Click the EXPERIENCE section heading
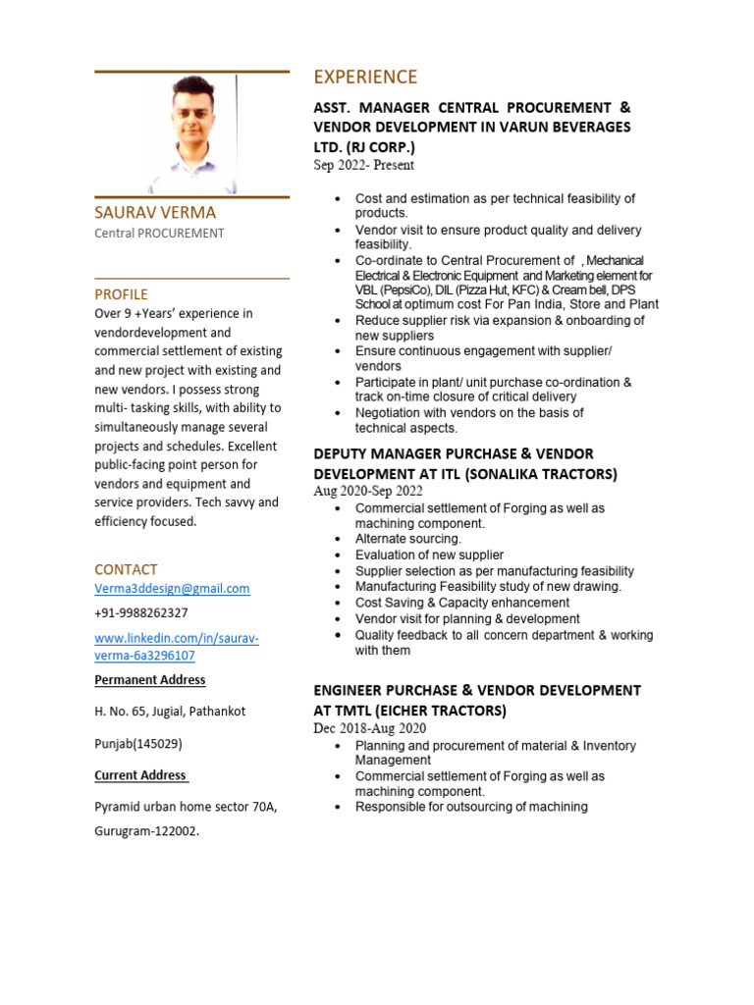point(365,78)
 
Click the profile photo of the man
point(191,134)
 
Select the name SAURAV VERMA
point(155,213)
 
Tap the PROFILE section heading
point(121,294)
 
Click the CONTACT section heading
point(126,569)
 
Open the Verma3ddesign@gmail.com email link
point(172,589)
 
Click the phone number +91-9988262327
point(140,612)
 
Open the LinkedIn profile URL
point(177,647)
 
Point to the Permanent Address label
point(150,680)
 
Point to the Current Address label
point(140,775)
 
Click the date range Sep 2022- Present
point(363,166)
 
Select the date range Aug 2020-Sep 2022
point(368,492)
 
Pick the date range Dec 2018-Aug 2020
point(369,729)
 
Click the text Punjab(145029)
point(138,744)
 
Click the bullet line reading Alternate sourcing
point(407,539)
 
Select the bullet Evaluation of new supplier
point(429,555)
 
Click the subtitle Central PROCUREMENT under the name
point(159,234)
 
